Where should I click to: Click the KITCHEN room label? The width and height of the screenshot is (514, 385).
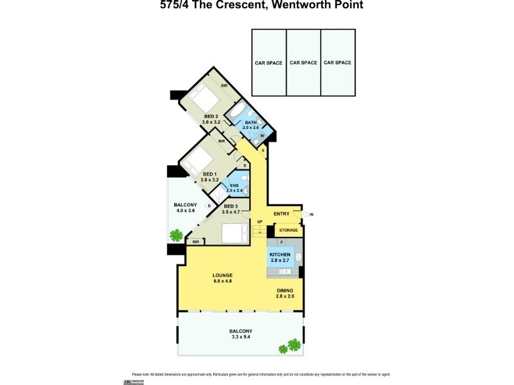click(x=280, y=255)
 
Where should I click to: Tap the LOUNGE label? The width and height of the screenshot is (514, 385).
click(x=222, y=275)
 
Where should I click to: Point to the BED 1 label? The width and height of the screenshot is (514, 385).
click(x=209, y=174)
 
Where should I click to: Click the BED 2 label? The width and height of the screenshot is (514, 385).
click(x=211, y=116)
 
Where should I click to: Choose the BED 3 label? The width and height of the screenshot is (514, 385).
click(x=231, y=206)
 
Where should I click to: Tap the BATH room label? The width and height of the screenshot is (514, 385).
click(x=251, y=123)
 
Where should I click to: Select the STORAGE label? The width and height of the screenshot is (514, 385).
click(x=288, y=229)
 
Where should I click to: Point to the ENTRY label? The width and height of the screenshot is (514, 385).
click(x=281, y=214)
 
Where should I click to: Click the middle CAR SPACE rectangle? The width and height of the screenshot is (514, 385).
click(x=303, y=63)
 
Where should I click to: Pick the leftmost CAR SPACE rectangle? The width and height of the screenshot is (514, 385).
click(x=269, y=63)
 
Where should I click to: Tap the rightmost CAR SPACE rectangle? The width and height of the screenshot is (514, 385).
click(x=337, y=63)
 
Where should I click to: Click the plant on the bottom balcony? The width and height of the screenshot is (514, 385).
click(x=290, y=346)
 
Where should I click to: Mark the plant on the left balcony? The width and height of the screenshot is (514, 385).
click(x=175, y=235)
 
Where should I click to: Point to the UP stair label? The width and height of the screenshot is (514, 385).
click(x=260, y=222)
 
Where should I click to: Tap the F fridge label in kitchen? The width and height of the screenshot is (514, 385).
click(x=281, y=243)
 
